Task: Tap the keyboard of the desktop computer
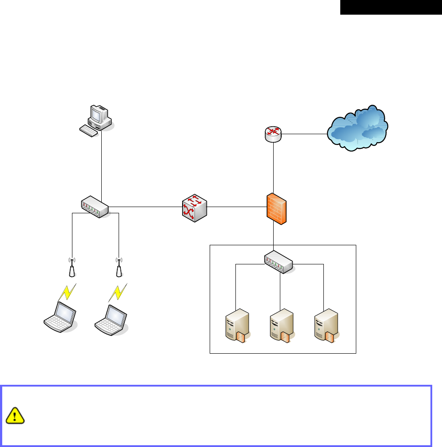point(89,130)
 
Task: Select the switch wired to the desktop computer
point(95,207)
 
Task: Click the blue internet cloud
point(358,128)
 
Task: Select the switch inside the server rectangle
point(279,262)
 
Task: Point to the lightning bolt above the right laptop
point(117,292)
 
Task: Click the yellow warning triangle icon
point(16,415)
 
